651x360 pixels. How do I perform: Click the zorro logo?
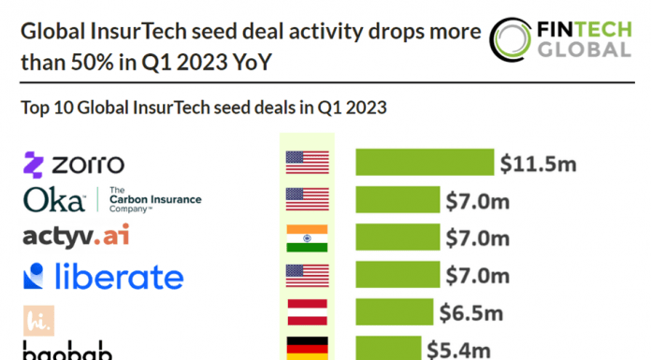coord(73,164)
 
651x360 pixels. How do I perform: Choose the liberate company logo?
coord(103,276)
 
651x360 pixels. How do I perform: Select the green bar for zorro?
coord(425,162)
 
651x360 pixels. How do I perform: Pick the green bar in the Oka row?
coord(398,199)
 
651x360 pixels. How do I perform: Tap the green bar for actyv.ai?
coord(398,238)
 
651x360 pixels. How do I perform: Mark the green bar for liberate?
coord(398,275)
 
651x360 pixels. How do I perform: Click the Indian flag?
coord(307,238)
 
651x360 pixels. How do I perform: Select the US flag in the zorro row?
coord(307,163)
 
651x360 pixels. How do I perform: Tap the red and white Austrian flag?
coord(307,311)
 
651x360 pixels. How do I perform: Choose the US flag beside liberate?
coord(307,275)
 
